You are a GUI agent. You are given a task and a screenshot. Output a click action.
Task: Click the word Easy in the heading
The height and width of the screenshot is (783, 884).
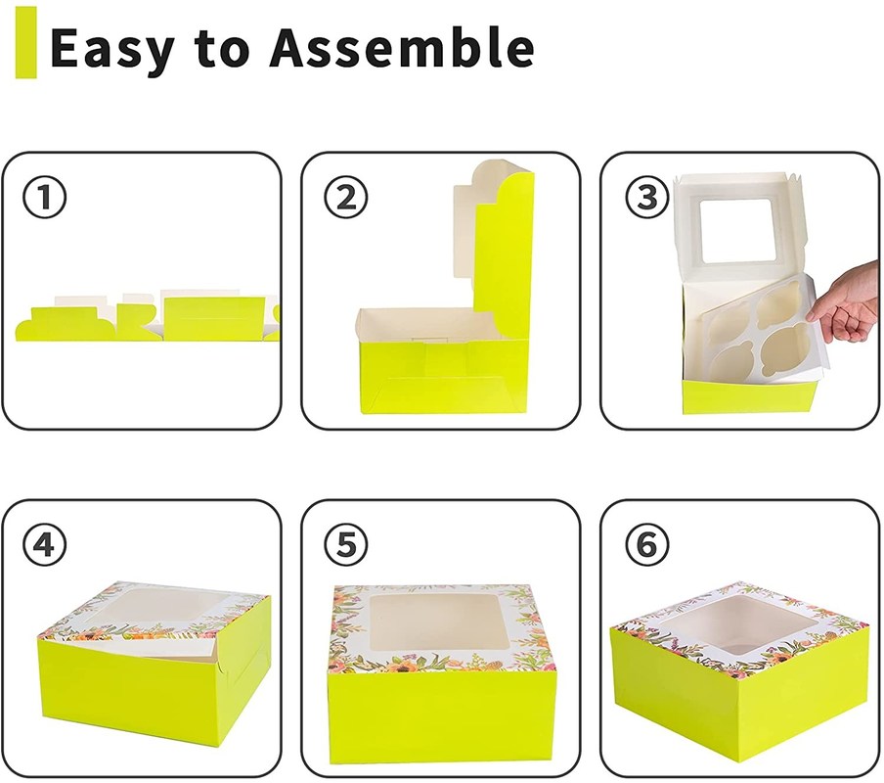point(111,49)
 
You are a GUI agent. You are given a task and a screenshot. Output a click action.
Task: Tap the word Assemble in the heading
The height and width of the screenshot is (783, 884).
point(402,47)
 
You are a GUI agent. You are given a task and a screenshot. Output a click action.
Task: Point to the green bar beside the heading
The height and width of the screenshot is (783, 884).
point(25,42)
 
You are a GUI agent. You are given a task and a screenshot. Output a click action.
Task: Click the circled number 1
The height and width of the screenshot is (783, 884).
point(44,198)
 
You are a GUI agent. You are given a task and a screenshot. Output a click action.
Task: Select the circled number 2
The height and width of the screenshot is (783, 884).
point(345,198)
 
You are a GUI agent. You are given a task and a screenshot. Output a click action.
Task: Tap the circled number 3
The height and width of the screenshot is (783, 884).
point(647,198)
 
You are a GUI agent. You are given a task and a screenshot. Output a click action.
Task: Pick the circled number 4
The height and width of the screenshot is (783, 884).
point(44,545)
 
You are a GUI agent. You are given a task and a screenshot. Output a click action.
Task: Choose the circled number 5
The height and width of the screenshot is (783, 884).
point(345,545)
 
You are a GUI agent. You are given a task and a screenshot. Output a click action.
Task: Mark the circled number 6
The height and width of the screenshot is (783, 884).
point(647,545)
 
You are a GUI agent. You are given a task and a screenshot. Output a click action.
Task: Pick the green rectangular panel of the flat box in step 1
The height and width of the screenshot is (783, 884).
point(215,317)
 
